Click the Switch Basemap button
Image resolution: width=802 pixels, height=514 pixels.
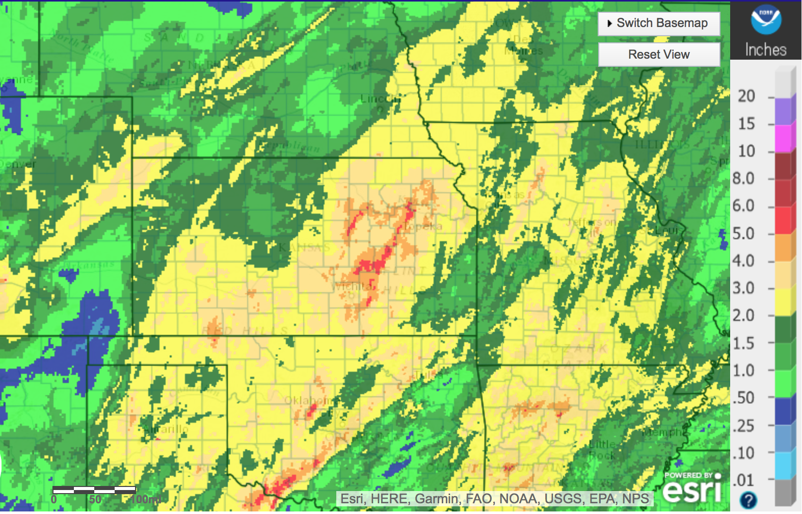tap(658, 23)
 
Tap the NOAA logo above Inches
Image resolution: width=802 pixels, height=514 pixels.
tap(765, 20)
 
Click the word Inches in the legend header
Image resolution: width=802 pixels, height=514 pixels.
tap(765, 49)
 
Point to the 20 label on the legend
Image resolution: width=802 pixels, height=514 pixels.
tap(746, 96)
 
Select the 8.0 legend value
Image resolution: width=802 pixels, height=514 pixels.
tap(743, 178)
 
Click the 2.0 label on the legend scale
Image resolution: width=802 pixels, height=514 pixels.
tap(743, 315)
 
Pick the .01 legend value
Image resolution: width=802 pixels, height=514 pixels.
tap(743, 480)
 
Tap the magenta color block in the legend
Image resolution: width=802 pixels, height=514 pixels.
tap(785, 138)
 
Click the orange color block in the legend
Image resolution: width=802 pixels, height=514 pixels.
tap(785, 247)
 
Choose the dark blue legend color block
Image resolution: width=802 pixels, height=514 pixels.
tap(785, 411)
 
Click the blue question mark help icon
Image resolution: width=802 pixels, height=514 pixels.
tap(748, 500)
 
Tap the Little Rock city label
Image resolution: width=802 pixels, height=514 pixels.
tap(601, 449)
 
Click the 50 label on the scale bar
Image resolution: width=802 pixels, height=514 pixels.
tap(95, 500)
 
